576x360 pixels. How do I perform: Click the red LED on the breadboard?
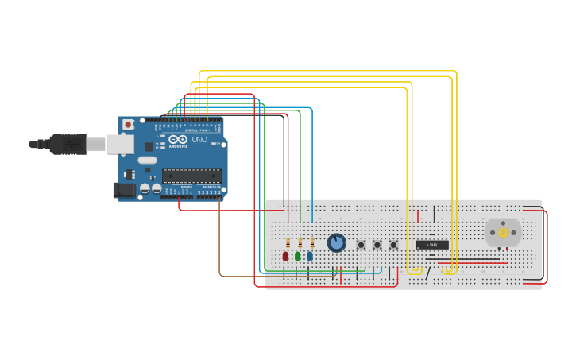click(285, 256)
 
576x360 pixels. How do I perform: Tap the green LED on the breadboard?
click(298, 256)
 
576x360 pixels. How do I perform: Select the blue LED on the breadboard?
click(310, 256)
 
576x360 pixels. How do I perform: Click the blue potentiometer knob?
click(337, 242)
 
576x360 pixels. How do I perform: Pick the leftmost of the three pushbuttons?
click(361, 245)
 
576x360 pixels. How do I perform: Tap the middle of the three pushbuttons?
click(377, 245)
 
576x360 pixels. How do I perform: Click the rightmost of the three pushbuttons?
click(393, 245)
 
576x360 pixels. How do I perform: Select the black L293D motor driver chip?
click(432, 245)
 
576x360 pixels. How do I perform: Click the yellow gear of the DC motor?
click(503, 233)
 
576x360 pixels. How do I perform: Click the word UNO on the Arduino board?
click(199, 140)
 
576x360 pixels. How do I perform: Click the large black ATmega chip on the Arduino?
click(191, 176)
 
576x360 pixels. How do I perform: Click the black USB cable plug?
click(68, 144)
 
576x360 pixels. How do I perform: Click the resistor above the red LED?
click(288, 243)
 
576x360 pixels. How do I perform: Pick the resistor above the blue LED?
click(312, 243)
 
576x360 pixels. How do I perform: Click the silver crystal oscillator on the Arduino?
click(148, 160)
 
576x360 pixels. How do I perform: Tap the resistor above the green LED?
click(300, 243)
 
